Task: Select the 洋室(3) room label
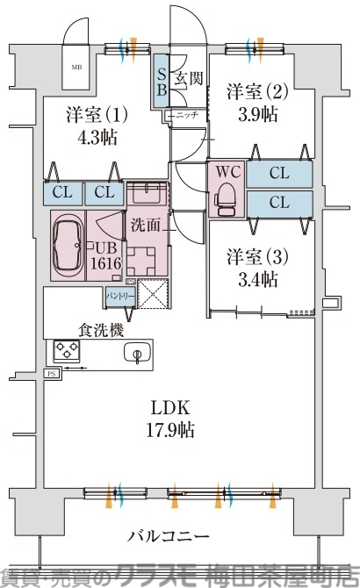click(x=251, y=258)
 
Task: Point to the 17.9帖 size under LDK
click(x=171, y=431)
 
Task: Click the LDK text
click(x=171, y=408)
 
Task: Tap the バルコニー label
click(x=168, y=535)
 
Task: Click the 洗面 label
click(x=147, y=225)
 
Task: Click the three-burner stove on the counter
click(x=67, y=352)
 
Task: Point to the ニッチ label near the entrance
click(x=186, y=115)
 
